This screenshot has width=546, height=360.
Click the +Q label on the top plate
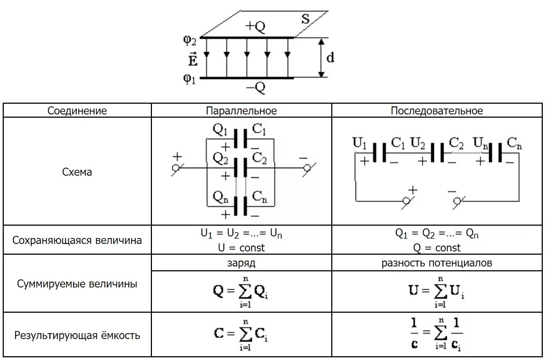click(x=255, y=27)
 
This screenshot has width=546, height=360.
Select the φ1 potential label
click(x=190, y=78)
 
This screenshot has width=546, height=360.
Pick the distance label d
click(x=330, y=57)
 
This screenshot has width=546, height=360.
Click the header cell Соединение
click(x=77, y=111)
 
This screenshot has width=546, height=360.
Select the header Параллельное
click(x=242, y=111)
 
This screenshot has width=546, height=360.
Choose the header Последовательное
click(x=437, y=111)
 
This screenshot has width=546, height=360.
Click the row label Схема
click(x=77, y=172)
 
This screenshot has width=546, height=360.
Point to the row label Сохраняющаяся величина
click(x=77, y=240)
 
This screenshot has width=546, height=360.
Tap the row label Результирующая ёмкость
click(x=77, y=336)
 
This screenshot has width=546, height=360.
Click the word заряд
click(x=242, y=263)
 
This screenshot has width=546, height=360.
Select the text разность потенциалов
click(x=437, y=263)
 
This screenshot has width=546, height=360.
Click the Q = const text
click(x=437, y=248)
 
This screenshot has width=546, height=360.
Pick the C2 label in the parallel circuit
click(x=260, y=158)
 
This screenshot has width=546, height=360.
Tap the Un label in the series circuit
click(x=481, y=143)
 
